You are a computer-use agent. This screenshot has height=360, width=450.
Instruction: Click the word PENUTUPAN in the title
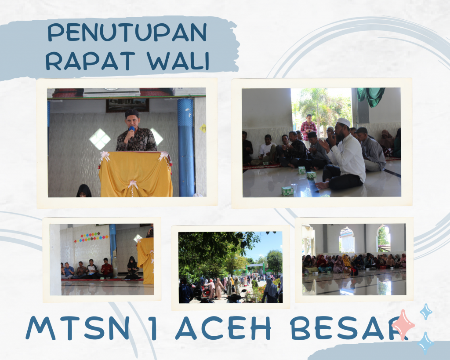pyautogui.click(x=127, y=32)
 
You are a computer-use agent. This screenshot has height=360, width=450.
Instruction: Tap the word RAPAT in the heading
pyautogui.click(x=91, y=61)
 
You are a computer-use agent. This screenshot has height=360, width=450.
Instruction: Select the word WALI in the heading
pyautogui.click(x=178, y=61)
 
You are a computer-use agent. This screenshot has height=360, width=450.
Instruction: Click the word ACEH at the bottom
pyautogui.click(x=223, y=328)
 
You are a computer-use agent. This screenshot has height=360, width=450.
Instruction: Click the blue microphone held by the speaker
pyautogui.click(x=132, y=131)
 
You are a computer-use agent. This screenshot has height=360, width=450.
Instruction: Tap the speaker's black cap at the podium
pyautogui.click(x=132, y=113)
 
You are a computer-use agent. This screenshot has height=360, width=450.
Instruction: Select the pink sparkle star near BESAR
pyautogui.click(x=403, y=324)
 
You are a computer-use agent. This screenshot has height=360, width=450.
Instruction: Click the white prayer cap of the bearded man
pyautogui.click(x=344, y=122)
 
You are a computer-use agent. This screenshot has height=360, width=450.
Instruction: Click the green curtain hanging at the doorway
pyautogui.click(x=370, y=97)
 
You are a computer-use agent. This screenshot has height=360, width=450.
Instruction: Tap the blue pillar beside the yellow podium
pyautogui.click(x=186, y=147)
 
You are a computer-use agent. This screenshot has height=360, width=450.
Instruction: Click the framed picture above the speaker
pyautogui.click(x=127, y=105)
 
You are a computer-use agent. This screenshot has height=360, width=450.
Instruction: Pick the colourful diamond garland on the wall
pyautogui.click(x=91, y=237)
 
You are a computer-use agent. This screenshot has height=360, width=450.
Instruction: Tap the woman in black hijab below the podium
pyautogui.click(x=84, y=191)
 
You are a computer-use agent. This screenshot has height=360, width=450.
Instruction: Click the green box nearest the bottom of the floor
pyautogui.click(x=287, y=191)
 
